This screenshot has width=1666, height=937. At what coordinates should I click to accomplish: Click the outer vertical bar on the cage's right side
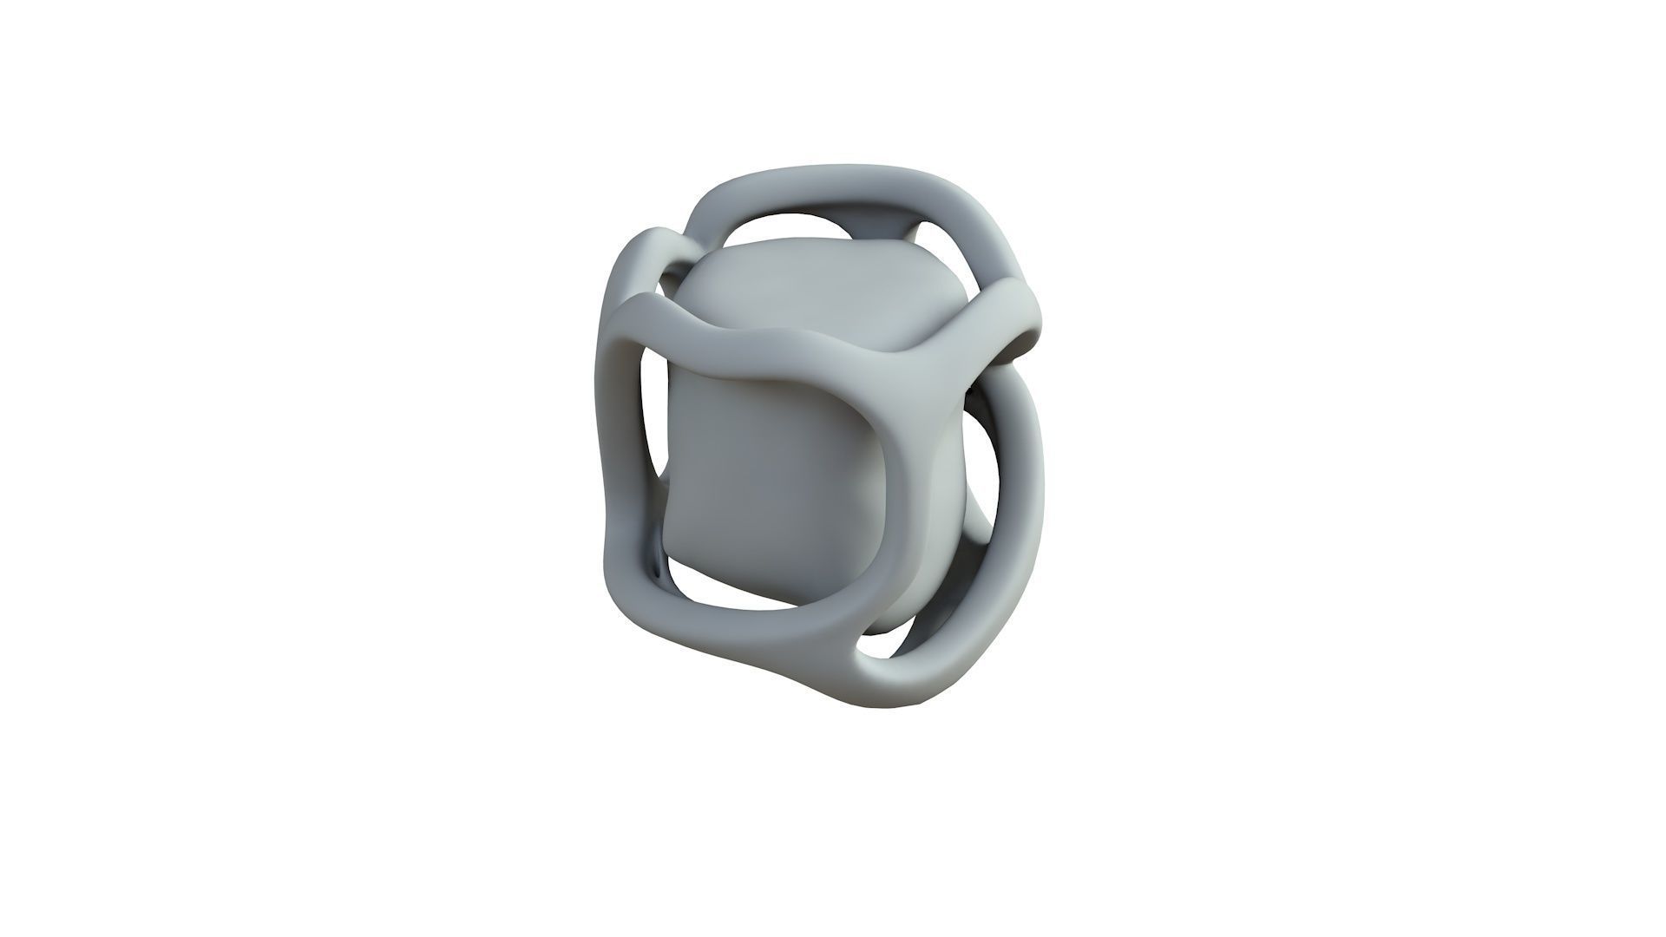point(1028,486)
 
